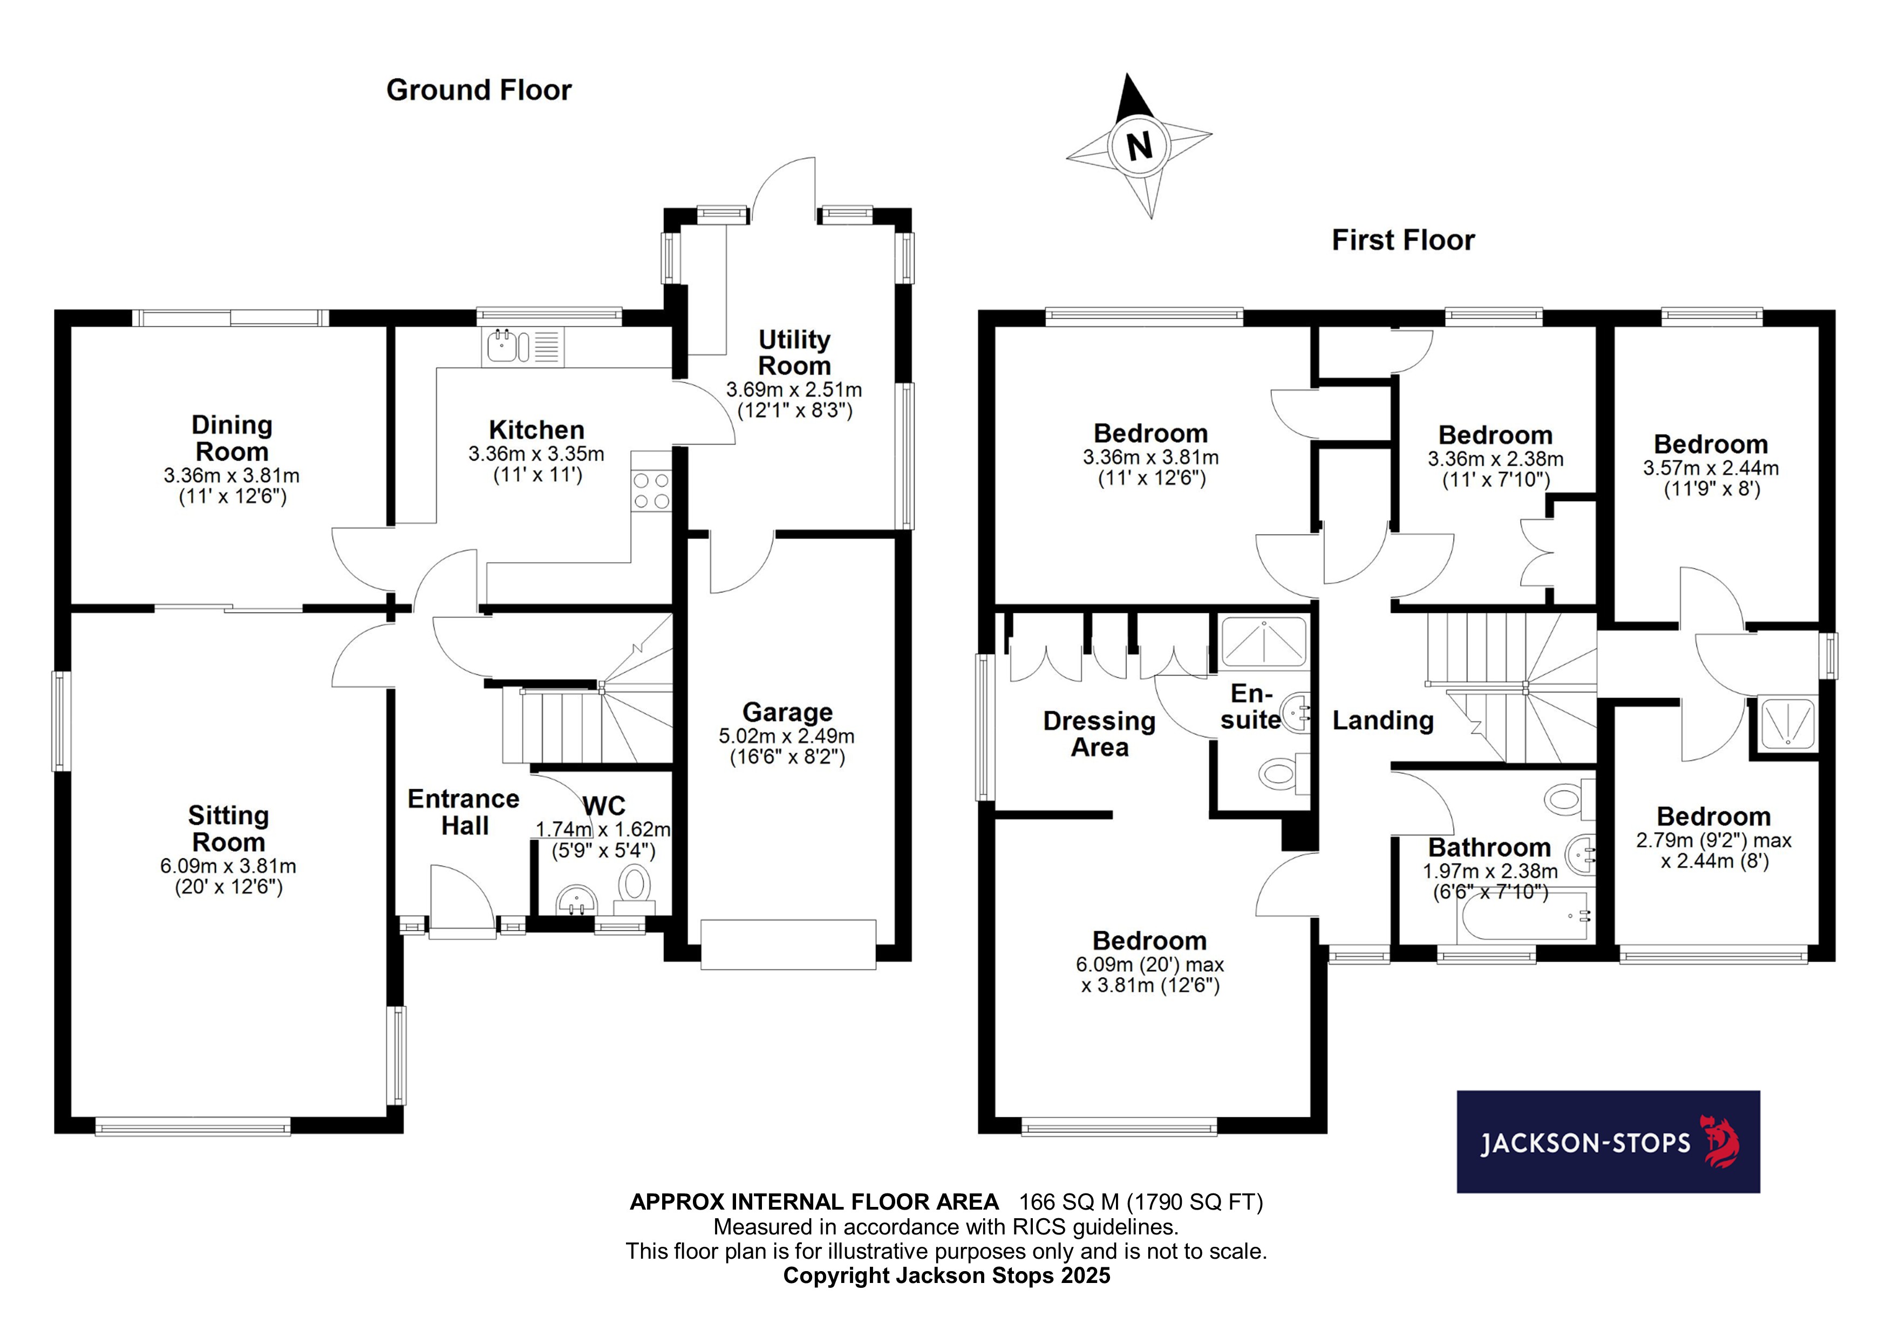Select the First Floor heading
click(x=1402, y=240)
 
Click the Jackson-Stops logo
click(x=1608, y=1142)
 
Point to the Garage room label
click(x=787, y=712)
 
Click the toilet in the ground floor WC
click(x=634, y=885)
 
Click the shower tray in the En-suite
click(x=1263, y=642)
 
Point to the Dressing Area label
click(x=1099, y=734)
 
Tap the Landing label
click(x=1383, y=721)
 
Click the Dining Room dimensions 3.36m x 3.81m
click(x=231, y=476)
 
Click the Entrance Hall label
click(x=464, y=812)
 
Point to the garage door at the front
click(x=787, y=944)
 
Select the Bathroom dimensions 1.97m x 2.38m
click(x=1490, y=871)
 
